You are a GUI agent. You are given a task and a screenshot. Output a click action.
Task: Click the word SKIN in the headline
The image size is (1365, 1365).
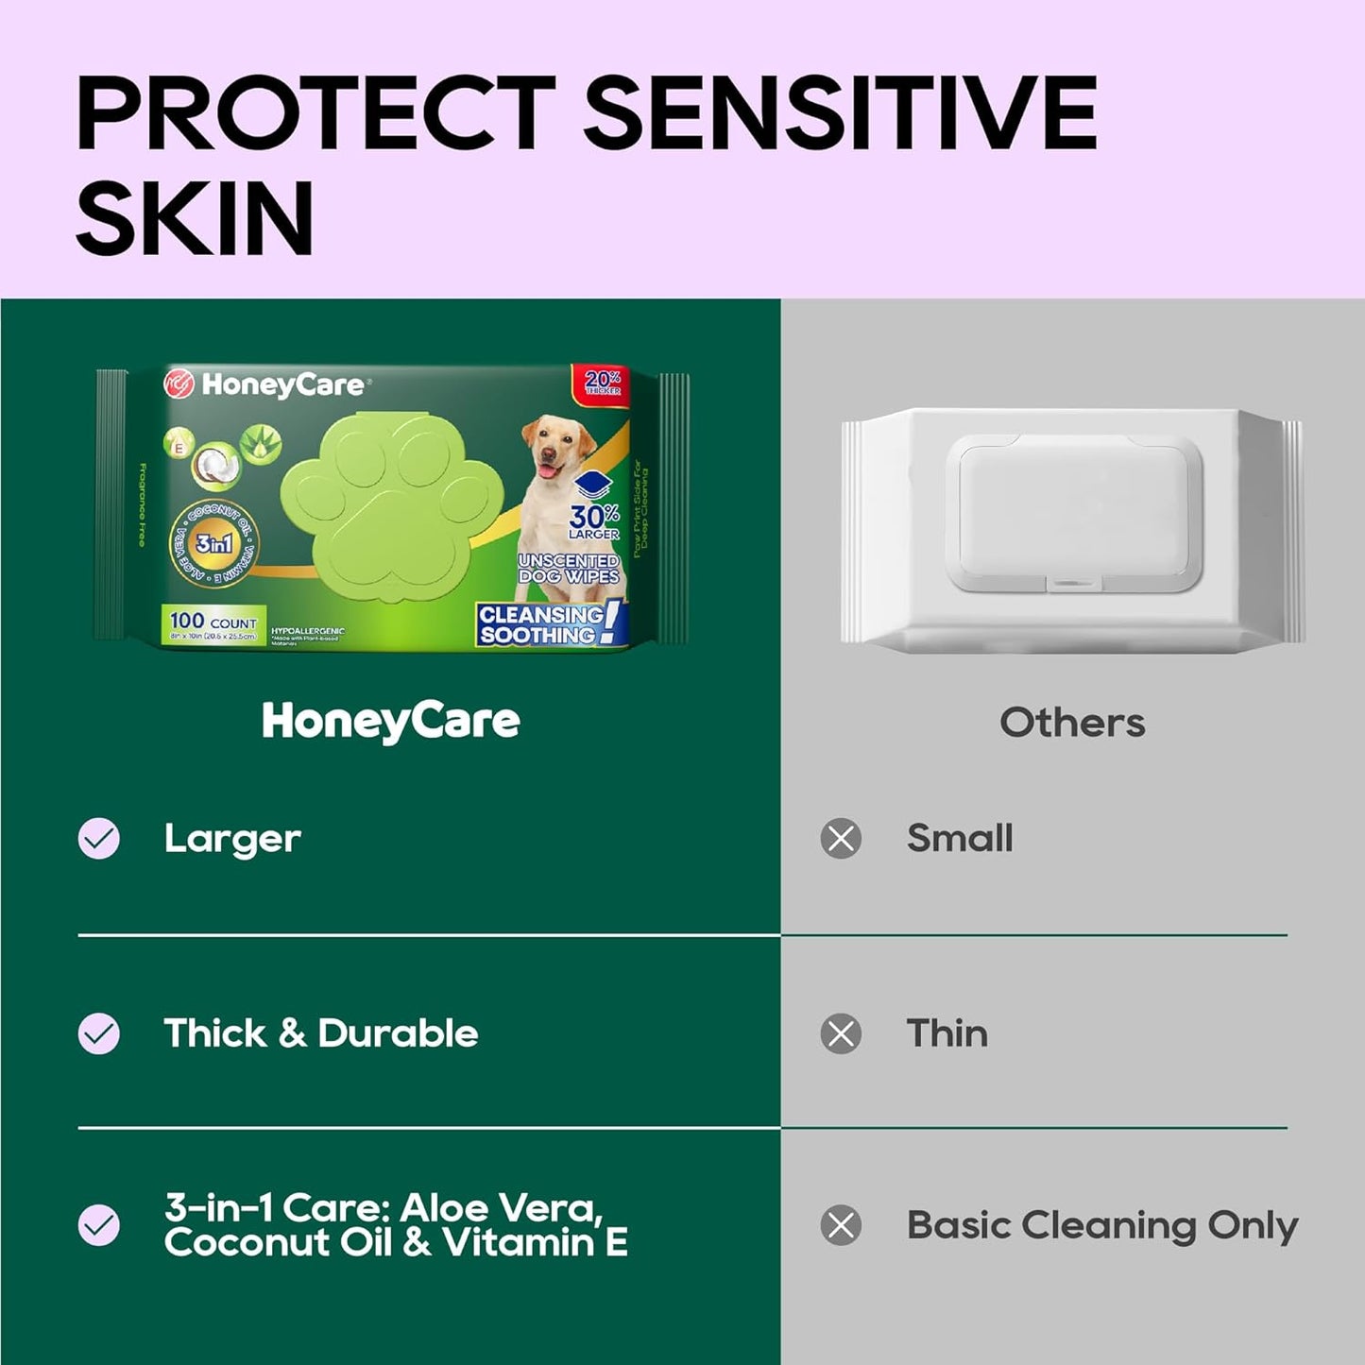tap(195, 218)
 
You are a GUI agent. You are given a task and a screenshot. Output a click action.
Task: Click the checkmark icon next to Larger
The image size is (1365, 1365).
tap(99, 838)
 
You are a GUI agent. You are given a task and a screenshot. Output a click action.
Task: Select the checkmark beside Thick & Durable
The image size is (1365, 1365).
tap(99, 1033)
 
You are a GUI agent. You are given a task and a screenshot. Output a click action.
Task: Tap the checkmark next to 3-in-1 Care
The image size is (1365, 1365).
tap(99, 1225)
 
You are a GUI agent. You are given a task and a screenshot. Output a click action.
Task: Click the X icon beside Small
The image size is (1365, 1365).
tap(841, 838)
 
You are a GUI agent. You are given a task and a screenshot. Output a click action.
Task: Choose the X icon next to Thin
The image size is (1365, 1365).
tap(841, 1033)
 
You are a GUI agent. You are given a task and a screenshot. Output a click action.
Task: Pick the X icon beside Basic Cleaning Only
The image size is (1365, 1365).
tap(841, 1225)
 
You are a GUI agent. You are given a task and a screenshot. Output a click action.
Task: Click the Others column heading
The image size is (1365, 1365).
tap(1072, 723)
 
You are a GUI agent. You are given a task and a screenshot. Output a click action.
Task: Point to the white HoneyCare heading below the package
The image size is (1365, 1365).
tap(391, 722)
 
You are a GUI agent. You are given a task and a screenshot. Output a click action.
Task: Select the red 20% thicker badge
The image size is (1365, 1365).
tap(602, 382)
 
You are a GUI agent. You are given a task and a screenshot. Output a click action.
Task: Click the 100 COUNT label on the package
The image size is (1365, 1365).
tap(213, 622)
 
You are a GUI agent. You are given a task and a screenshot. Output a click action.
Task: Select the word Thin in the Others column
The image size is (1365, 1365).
tap(947, 1033)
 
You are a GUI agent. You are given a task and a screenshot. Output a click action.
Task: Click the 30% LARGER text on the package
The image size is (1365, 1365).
tap(594, 520)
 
